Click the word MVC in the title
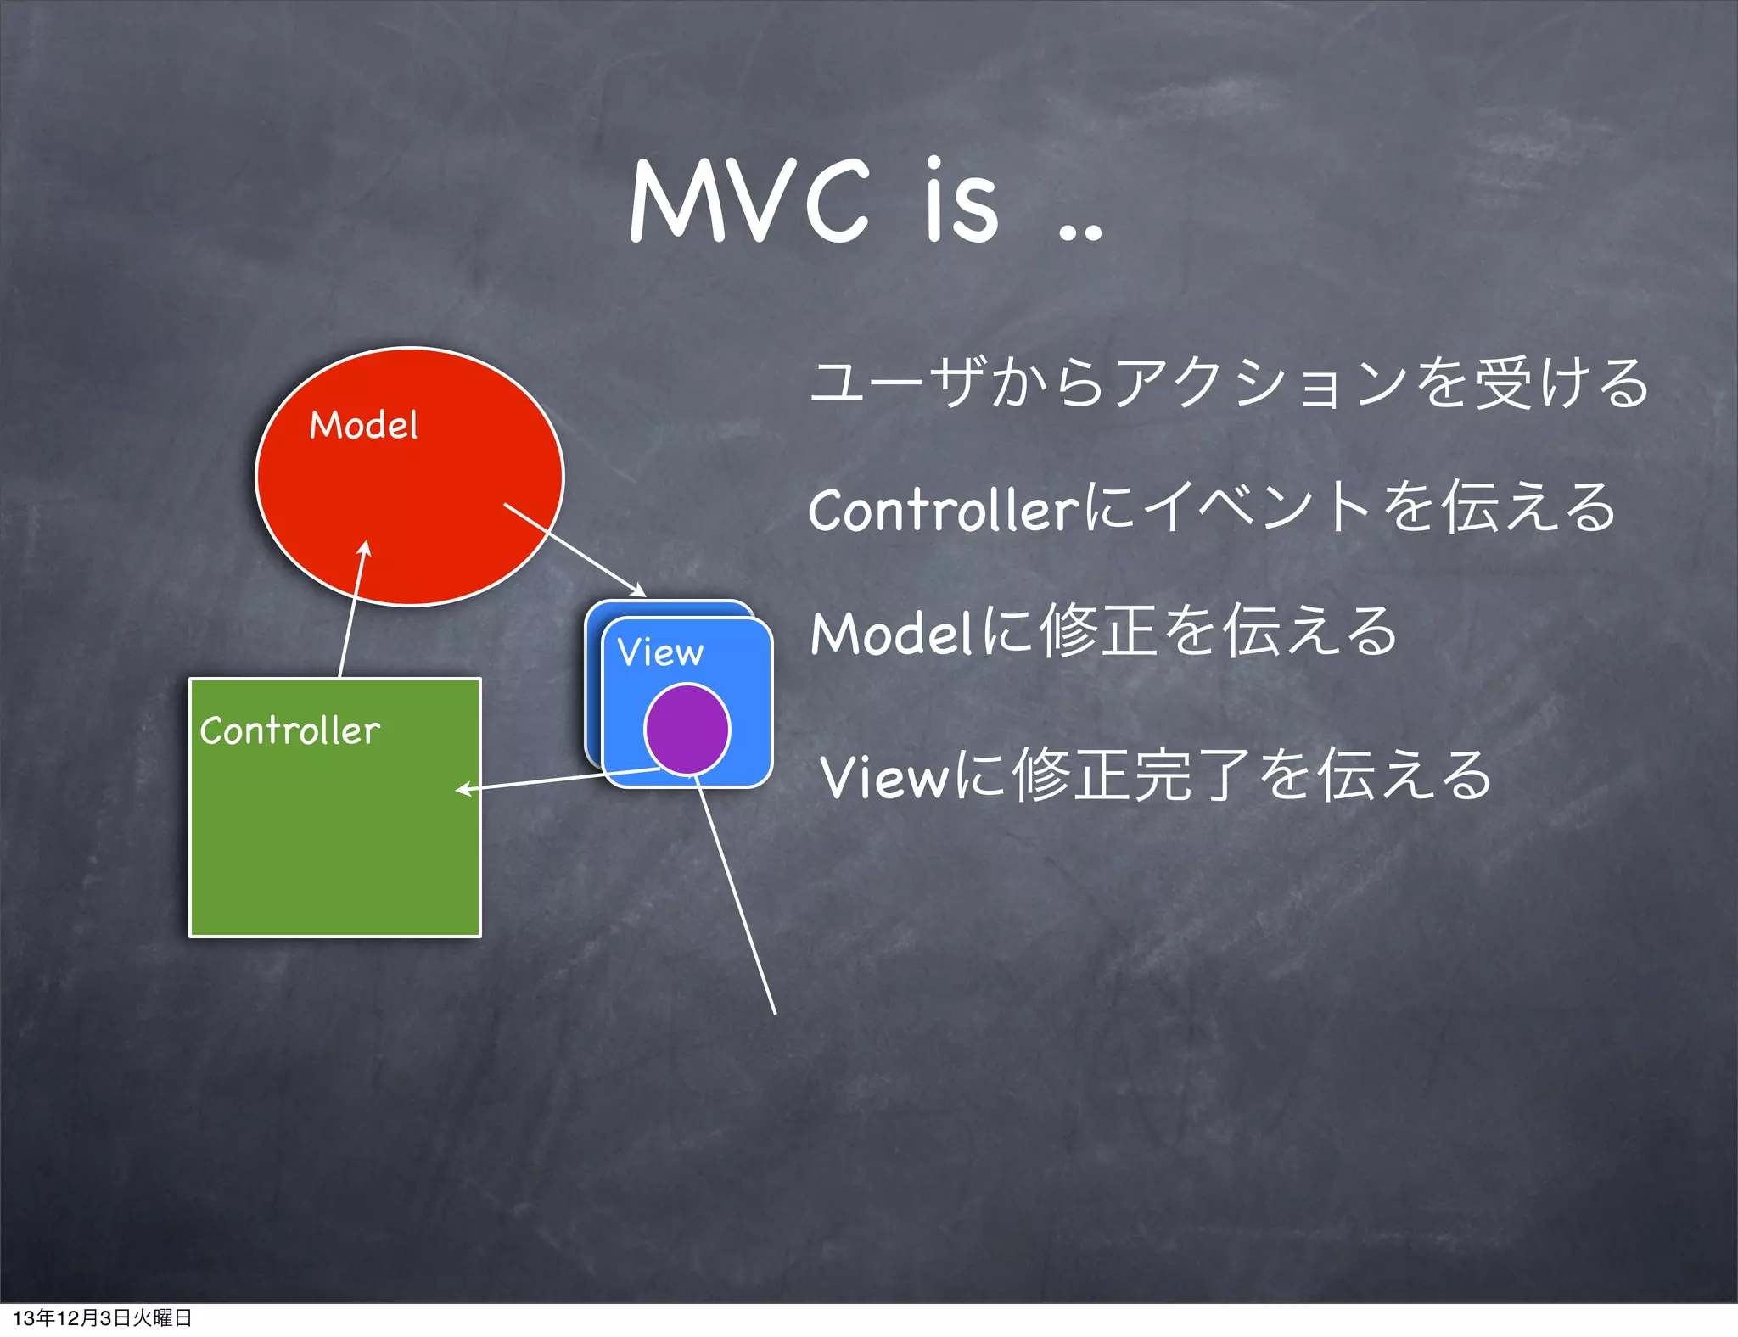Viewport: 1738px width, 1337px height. point(749,201)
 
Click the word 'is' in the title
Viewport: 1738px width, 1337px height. point(962,201)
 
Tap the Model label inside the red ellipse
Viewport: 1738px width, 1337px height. point(363,425)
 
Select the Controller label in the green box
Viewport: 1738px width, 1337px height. point(289,730)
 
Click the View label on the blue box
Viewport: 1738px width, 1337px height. point(660,652)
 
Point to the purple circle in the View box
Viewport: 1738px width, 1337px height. point(687,730)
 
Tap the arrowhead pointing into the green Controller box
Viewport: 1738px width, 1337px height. point(463,790)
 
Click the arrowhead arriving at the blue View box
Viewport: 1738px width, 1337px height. point(638,590)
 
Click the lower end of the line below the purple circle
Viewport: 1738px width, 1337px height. point(774,1011)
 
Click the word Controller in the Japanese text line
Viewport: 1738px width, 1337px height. point(942,511)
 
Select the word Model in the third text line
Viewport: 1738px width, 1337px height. point(889,635)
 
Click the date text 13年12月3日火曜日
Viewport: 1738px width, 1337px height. point(102,1317)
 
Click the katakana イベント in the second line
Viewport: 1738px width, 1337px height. point(1256,509)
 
